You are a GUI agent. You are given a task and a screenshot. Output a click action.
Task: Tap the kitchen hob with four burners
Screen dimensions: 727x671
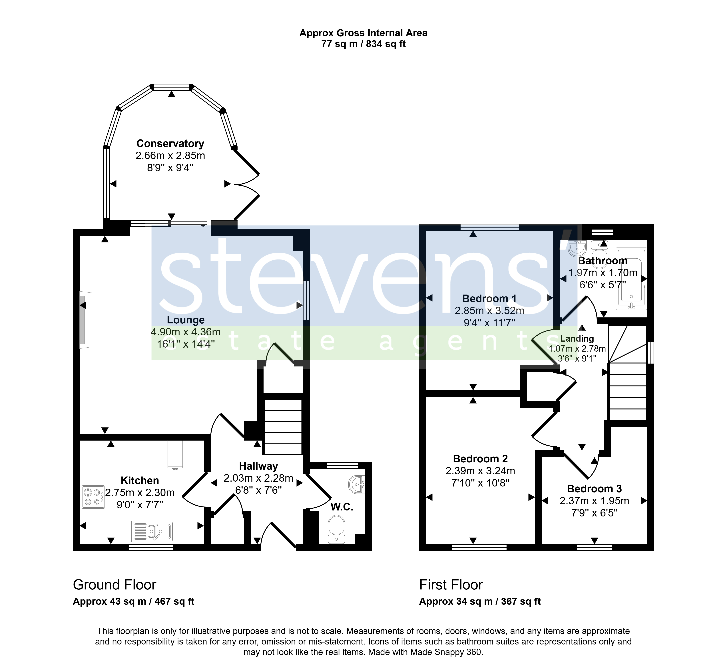pyautogui.click(x=93, y=497)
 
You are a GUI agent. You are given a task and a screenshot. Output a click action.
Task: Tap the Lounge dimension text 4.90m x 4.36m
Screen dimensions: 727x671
pyautogui.click(x=186, y=332)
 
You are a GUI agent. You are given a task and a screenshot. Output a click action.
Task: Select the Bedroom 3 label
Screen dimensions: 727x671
pyautogui.click(x=594, y=489)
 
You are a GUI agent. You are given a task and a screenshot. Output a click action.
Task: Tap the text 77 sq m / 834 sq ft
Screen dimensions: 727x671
pyautogui.click(x=363, y=44)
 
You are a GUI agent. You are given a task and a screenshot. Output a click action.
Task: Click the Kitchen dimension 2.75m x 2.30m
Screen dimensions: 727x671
pyautogui.click(x=140, y=493)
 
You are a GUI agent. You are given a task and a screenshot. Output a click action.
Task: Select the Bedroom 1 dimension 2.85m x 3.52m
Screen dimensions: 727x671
pyautogui.click(x=489, y=311)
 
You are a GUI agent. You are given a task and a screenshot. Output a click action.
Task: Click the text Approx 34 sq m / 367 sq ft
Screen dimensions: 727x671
pyautogui.click(x=480, y=602)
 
